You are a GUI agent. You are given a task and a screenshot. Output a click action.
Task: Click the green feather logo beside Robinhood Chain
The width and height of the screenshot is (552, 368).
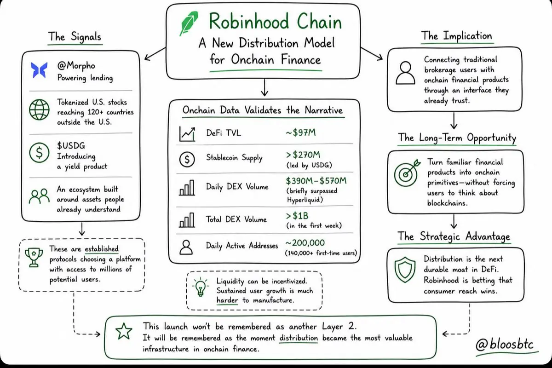189,23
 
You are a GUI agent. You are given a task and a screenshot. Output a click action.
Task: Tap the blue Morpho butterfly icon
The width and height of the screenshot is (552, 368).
39,70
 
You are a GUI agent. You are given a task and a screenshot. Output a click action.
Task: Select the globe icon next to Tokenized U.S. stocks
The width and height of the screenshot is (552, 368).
39,109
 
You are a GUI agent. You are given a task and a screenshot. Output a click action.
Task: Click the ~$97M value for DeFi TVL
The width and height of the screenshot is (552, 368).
301,133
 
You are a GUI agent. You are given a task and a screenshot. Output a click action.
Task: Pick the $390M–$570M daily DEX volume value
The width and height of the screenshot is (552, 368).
316,181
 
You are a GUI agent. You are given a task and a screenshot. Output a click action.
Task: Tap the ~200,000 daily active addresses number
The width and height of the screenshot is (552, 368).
305,243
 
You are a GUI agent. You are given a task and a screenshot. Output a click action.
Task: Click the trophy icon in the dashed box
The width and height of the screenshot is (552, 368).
34,257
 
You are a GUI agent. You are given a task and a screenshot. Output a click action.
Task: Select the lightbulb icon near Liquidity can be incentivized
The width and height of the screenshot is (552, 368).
201,287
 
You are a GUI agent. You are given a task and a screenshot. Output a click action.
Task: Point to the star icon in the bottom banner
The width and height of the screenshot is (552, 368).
124,331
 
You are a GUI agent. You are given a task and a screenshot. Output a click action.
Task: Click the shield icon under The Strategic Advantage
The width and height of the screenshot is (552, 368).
405,270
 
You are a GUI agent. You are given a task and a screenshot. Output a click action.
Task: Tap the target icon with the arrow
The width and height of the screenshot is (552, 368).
407,173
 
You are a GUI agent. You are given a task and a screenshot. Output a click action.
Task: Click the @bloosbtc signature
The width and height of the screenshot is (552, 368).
505,345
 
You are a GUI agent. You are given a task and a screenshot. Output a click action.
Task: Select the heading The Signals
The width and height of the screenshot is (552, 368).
75,37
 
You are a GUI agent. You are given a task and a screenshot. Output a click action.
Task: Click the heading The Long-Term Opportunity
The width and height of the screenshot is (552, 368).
457,138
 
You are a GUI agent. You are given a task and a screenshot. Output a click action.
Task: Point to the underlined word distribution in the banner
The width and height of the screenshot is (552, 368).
299,338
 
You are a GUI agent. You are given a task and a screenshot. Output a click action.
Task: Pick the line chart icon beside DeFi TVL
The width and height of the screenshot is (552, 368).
187,134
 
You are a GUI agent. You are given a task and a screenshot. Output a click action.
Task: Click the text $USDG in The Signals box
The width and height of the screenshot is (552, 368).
71,146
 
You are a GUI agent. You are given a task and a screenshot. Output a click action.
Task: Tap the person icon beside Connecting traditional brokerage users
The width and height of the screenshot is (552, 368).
405,73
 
